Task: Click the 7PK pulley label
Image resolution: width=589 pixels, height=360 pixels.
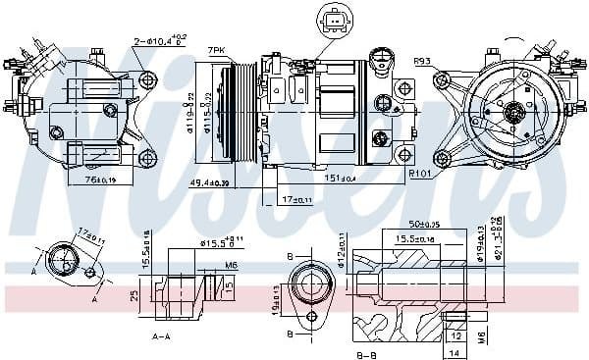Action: (x=216, y=50)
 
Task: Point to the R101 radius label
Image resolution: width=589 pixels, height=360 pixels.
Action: (x=422, y=175)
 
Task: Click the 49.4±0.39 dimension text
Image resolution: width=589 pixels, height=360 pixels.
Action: (x=210, y=183)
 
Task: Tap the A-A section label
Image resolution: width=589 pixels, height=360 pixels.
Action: (x=163, y=334)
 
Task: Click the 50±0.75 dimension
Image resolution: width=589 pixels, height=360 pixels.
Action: (x=425, y=225)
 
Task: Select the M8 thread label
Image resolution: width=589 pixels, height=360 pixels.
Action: (x=481, y=336)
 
